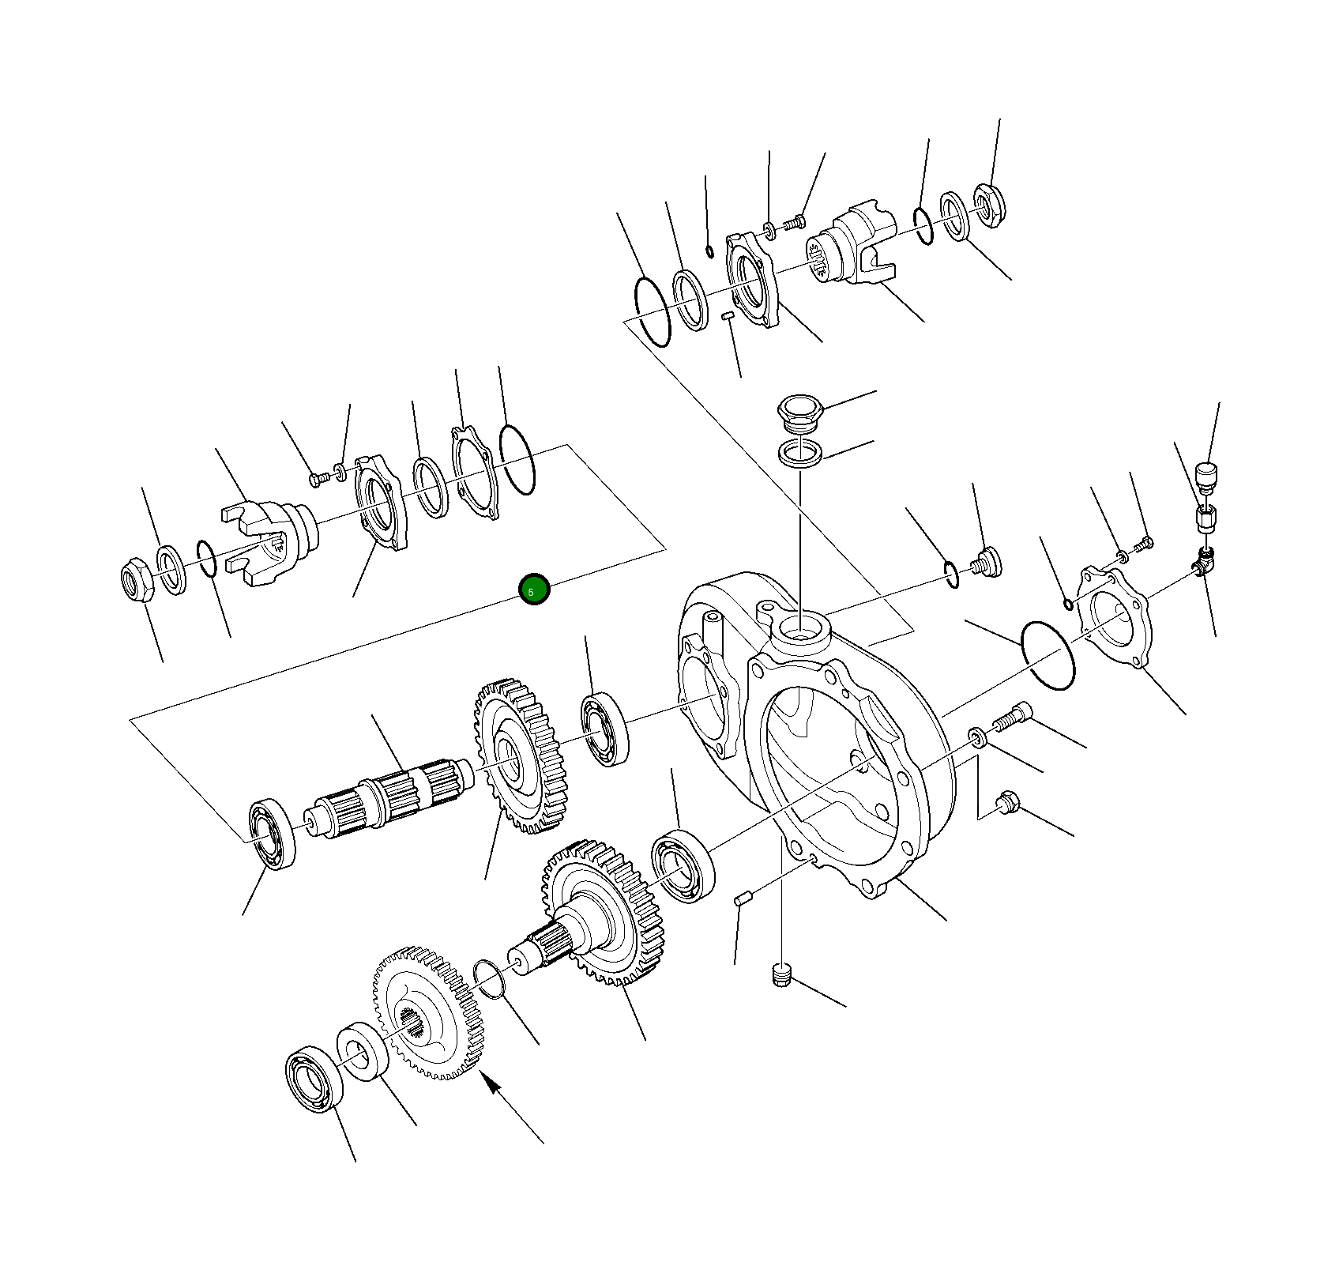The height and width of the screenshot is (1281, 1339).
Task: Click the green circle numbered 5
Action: tap(534, 590)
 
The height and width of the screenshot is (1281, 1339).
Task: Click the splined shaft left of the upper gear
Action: tap(387, 800)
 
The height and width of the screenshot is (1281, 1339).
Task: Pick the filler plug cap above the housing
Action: tap(800, 414)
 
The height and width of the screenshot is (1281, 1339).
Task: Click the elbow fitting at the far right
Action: tap(1202, 562)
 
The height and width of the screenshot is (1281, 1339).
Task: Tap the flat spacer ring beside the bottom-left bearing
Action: tap(363, 1050)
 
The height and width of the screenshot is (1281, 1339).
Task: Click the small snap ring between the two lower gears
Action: tap(490, 979)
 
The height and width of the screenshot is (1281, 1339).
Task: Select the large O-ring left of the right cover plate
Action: tap(1048, 656)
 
